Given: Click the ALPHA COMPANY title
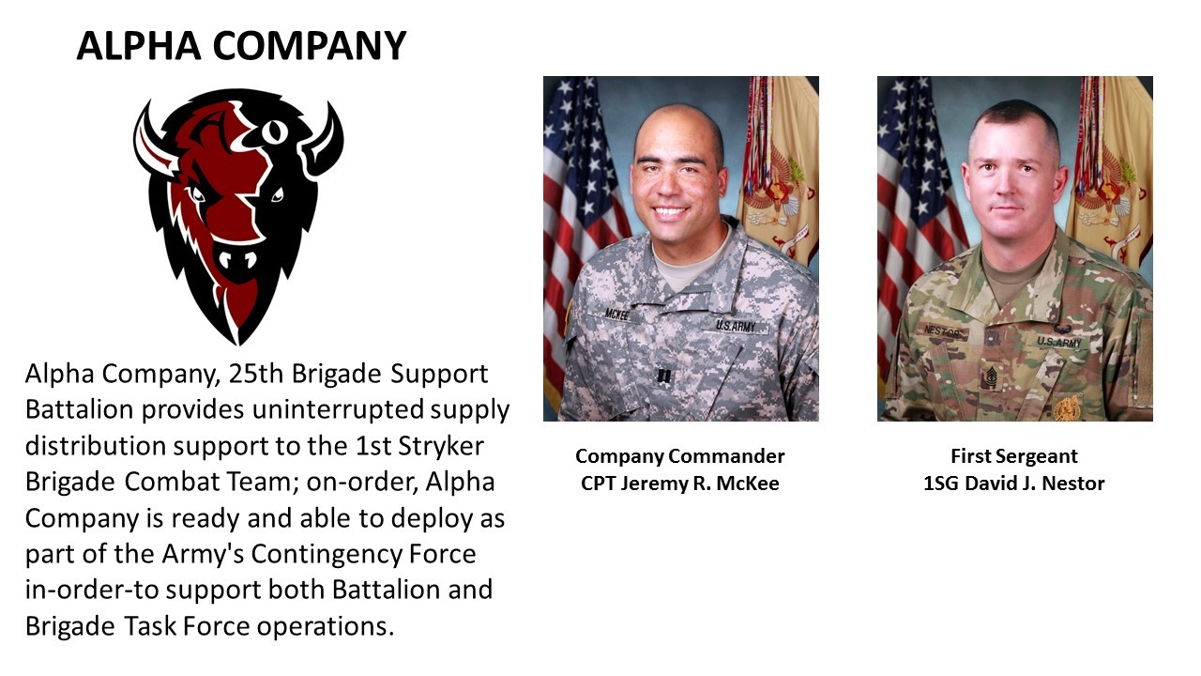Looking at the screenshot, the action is (241, 46).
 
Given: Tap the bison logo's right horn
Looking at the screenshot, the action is (325, 141).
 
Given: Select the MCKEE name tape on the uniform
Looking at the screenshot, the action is (616, 315).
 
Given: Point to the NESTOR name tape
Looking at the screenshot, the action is (942, 332).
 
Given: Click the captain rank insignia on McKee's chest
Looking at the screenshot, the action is (663, 376).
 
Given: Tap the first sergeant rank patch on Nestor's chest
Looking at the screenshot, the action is (991, 377).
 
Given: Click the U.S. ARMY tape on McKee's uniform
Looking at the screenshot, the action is (736, 326).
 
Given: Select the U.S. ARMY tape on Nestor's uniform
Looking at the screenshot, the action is (1059, 342).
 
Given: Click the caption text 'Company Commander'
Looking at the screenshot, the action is (680, 456).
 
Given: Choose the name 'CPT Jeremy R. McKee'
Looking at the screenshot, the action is (680, 484).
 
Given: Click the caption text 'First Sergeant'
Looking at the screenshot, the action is (1014, 456).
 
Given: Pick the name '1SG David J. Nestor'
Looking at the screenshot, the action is (1014, 484).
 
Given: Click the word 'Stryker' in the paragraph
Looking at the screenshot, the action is (441, 446).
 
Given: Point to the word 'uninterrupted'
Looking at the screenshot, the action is (338, 410).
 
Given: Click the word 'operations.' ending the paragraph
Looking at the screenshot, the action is (326, 626).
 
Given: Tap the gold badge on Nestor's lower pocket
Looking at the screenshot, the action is (1067, 407).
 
